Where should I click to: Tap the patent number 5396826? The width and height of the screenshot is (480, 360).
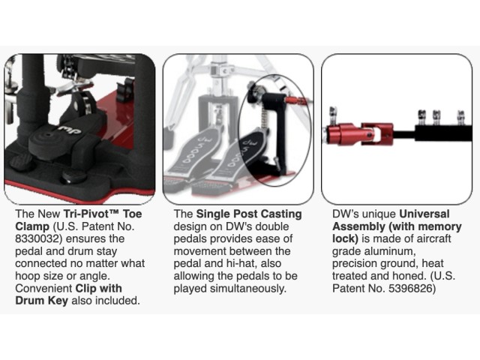tap(410, 288)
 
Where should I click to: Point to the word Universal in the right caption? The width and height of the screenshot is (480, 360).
tap(424, 214)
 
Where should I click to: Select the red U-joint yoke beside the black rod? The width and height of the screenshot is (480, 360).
tap(377, 134)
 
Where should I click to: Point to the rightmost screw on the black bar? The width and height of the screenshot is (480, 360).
tap(461, 118)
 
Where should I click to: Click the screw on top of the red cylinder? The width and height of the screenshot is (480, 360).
tap(332, 115)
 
